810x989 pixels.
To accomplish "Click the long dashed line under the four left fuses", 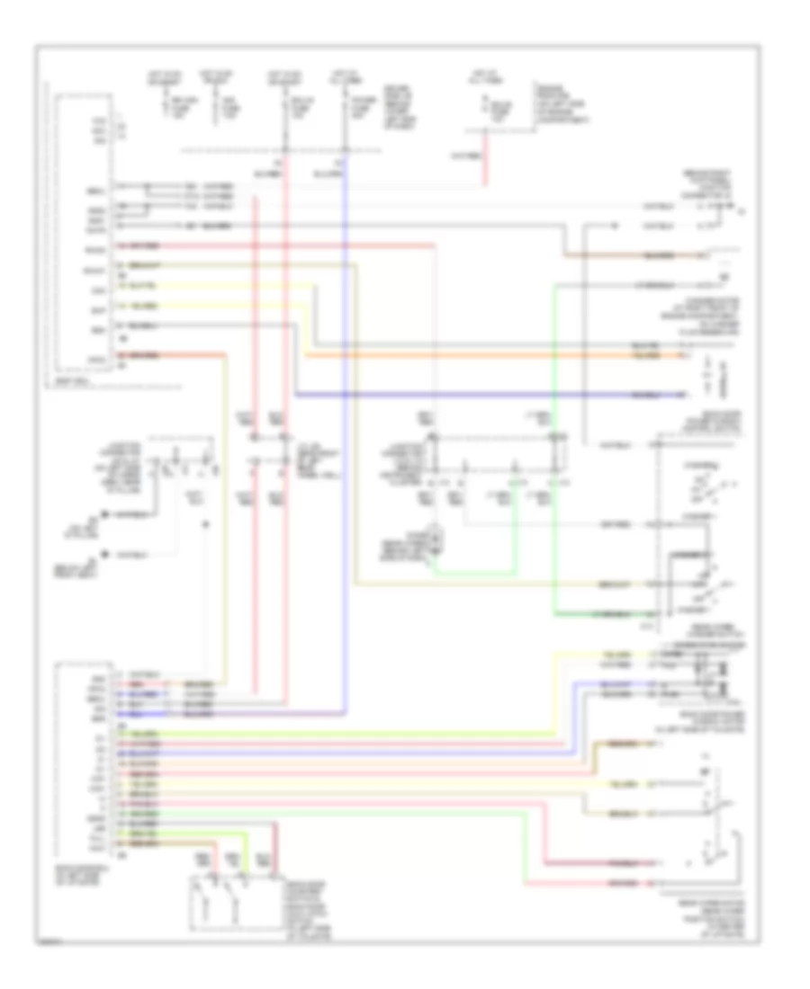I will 261,148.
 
